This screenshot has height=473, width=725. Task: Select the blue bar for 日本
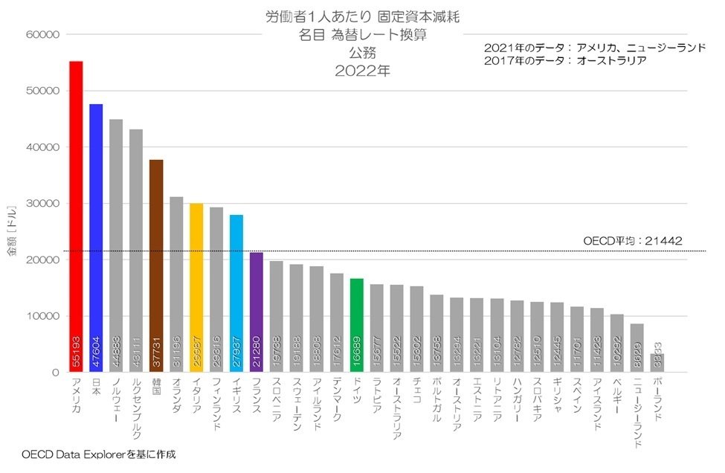click(96, 238)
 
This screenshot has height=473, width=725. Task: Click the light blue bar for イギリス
click(236, 293)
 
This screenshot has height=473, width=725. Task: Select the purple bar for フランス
click(257, 312)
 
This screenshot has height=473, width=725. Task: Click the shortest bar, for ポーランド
click(658, 363)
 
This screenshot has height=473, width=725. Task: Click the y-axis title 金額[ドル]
click(11, 231)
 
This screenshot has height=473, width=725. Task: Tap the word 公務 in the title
click(362, 54)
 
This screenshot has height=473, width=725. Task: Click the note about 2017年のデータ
click(565, 61)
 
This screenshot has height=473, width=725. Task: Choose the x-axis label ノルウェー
click(116, 401)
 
